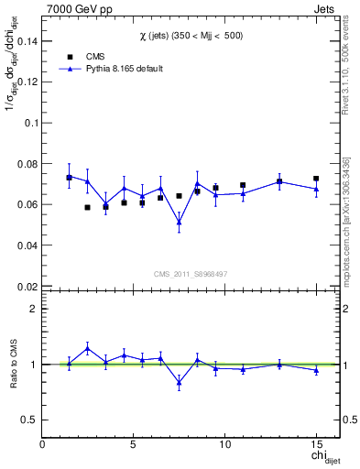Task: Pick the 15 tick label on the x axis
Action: [315, 444]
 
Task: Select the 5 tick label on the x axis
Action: [134, 444]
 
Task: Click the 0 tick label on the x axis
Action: [43, 444]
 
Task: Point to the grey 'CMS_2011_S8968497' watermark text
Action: [191, 274]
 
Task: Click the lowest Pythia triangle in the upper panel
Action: [179, 222]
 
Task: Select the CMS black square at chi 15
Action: [316, 179]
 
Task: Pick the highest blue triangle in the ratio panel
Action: [88, 348]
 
